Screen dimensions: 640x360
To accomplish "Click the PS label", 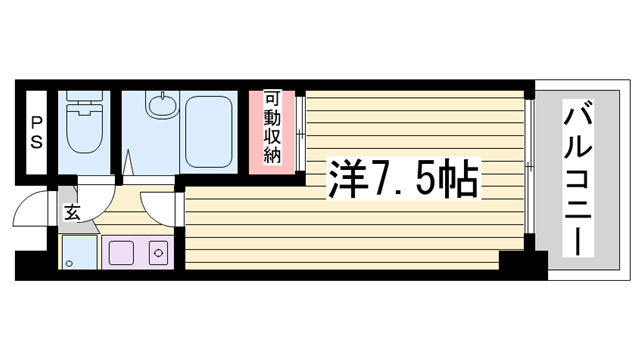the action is click(x=36, y=133).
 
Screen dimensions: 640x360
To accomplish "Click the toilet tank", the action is click(x=84, y=96).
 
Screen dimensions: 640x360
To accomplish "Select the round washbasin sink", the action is click(x=162, y=105).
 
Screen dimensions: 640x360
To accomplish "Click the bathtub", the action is click(x=209, y=132).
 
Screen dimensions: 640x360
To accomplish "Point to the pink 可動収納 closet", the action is click(x=272, y=132).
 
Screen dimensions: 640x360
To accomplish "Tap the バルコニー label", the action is click(x=578, y=178).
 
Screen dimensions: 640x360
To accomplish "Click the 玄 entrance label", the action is click(x=72, y=213).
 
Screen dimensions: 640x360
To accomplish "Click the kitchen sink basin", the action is click(x=121, y=253).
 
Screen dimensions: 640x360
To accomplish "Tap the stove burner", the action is click(x=158, y=253).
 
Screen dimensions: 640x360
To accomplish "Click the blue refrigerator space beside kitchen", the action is click(x=80, y=252).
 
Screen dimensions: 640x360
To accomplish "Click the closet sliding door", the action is click(x=300, y=133).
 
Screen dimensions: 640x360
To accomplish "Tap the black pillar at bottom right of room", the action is click(x=523, y=260).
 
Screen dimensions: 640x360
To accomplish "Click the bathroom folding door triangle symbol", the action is click(x=129, y=163).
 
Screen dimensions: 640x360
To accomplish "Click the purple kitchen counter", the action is click(x=138, y=253).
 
